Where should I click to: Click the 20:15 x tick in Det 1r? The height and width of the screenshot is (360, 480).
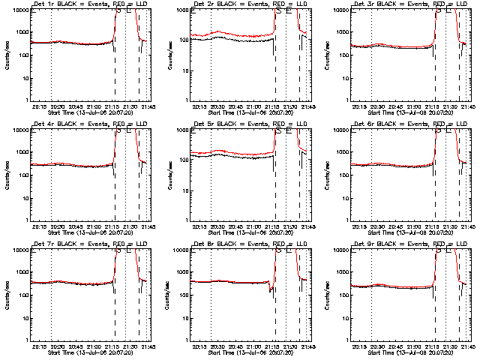[40, 106]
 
